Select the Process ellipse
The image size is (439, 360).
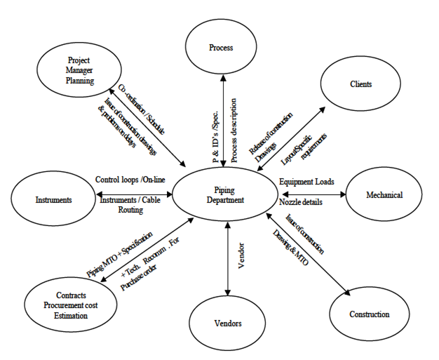click(221, 48)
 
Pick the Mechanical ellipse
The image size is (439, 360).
click(384, 194)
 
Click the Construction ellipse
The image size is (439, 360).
click(369, 314)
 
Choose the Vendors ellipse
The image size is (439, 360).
click(226, 323)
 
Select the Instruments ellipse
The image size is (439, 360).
click(54, 200)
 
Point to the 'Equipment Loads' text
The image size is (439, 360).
click(307, 181)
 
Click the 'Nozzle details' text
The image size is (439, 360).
click(304, 202)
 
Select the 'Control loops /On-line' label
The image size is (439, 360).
click(130, 180)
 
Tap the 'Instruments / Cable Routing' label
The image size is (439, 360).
click(130, 205)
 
